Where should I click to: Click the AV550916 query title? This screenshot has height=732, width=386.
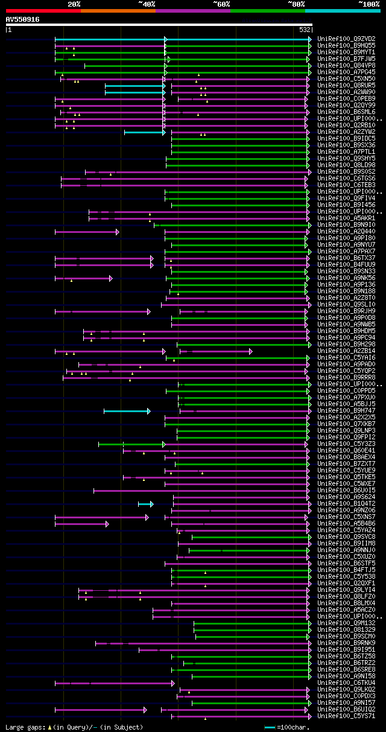click(x=22, y=19)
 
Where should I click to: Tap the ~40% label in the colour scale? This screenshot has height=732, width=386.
click(x=147, y=4)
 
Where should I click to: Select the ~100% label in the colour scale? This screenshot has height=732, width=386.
click(x=369, y=4)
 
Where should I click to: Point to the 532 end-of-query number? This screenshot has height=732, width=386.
click(x=305, y=29)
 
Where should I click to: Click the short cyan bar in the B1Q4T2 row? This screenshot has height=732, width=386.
click(x=145, y=504)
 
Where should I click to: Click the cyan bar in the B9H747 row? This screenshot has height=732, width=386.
click(x=126, y=411)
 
